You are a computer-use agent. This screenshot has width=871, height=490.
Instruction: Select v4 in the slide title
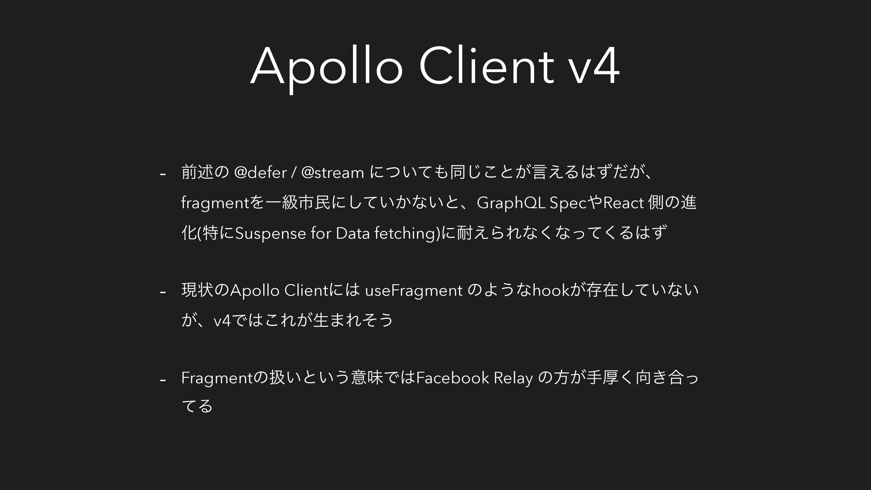[x=594, y=67]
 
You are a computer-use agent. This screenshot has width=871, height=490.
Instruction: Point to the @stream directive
[x=333, y=173]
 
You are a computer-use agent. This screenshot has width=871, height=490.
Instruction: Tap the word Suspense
[x=271, y=234]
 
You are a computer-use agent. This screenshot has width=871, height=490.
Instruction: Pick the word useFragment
[x=414, y=291]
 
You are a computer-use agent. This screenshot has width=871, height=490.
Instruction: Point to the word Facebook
[x=452, y=377]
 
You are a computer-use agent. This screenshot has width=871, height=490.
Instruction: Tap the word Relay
[x=513, y=378]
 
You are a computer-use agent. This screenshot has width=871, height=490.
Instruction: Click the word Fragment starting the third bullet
[x=218, y=378]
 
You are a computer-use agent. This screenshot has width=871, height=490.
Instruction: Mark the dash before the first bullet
[x=162, y=175]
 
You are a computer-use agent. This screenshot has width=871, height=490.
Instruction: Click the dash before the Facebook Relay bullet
[x=162, y=379]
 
